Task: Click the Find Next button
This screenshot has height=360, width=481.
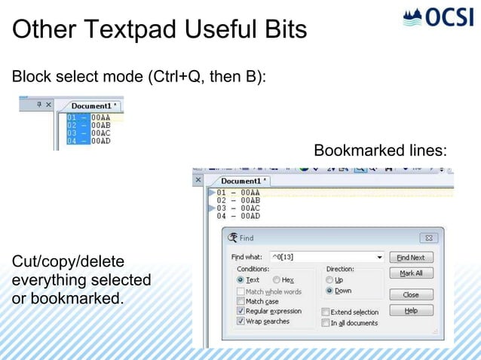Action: tap(411, 258)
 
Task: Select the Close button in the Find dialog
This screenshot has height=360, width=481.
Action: tap(411, 294)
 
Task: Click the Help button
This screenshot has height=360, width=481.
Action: tap(411, 310)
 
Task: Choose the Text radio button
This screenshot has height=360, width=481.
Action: tap(240, 280)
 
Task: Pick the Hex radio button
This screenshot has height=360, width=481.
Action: tap(277, 280)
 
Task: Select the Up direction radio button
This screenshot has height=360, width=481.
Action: tap(329, 280)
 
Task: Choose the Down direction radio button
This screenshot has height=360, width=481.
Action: tap(329, 291)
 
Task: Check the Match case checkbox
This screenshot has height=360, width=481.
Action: tap(240, 301)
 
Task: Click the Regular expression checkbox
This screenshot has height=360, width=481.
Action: tap(240, 311)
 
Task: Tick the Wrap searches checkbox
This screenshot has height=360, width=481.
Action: tap(240, 322)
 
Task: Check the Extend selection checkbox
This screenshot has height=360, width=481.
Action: tap(326, 312)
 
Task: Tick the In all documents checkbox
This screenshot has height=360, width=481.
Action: tap(326, 323)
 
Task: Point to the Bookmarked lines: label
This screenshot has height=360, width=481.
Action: tap(380, 151)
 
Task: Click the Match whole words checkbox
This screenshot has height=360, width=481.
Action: tap(240, 291)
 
